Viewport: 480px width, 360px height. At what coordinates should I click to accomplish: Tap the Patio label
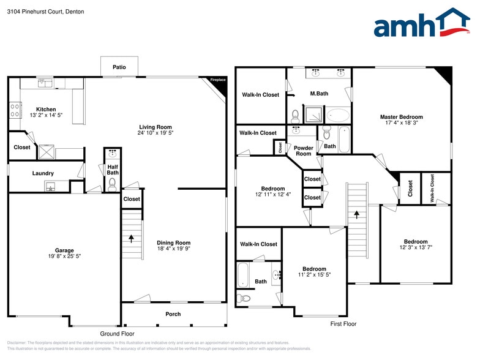point(119,67)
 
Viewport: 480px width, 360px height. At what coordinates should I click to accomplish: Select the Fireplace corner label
point(218,80)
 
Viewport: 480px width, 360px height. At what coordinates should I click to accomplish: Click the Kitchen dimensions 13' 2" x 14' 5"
point(46,116)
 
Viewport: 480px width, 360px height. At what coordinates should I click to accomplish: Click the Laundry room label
point(43,173)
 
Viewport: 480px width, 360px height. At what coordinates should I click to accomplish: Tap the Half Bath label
point(113,169)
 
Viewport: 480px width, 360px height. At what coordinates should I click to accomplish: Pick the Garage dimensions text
point(64,257)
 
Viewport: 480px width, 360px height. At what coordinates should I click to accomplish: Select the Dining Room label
point(174,242)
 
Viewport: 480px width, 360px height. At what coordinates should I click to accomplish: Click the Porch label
point(173,314)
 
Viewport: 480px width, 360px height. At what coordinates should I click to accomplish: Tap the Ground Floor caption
point(118,334)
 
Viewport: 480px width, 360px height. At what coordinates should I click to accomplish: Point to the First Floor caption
point(343,324)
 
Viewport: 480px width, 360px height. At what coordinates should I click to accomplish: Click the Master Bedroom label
point(401,117)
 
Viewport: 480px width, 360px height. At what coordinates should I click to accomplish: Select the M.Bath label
point(318,94)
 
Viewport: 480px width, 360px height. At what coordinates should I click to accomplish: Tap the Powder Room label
point(303,151)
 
